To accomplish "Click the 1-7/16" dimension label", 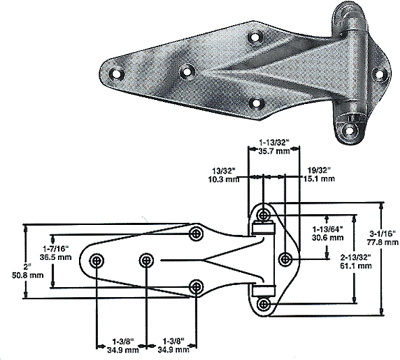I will click(58, 246).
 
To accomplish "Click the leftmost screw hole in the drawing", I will click(96, 260).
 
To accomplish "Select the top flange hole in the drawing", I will click(261, 216).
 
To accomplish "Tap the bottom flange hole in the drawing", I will click(261, 303).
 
